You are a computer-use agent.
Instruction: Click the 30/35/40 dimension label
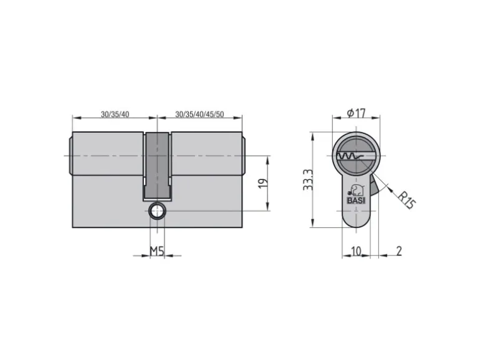click(x=115, y=115)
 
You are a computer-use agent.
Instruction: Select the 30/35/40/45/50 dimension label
click(x=199, y=115)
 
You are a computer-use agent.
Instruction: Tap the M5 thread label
click(x=156, y=251)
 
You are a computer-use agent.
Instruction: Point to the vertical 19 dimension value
click(x=263, y=183)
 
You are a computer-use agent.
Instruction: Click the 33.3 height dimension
click(x=307, y=180)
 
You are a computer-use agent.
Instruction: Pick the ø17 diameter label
click(x=356, y=113)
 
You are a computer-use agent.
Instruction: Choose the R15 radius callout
click(x=406, y=200)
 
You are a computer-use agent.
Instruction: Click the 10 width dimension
click(x=356, y=251)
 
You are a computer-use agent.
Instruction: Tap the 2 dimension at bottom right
click(x=399, y=251)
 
